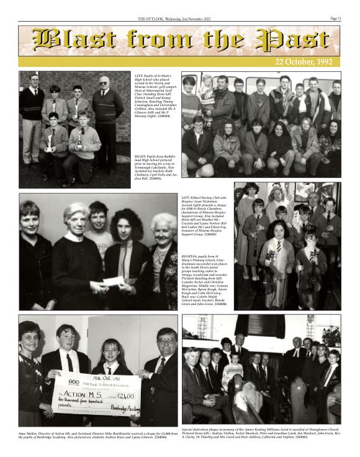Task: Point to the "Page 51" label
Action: coord(335,19)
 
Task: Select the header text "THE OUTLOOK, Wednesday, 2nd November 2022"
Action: coord(179,19)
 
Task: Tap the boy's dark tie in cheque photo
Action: coord(70,360)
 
